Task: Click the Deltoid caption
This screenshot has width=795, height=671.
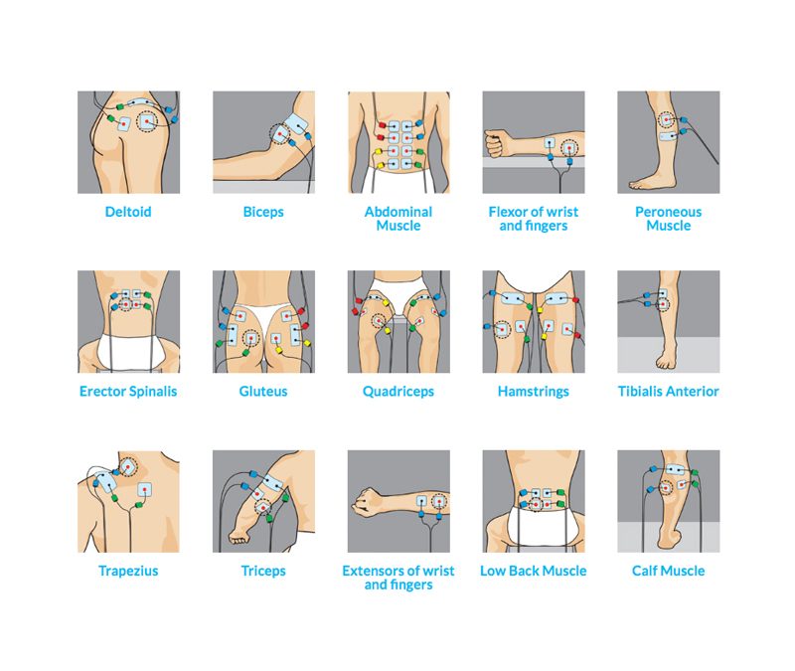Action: [128, 212]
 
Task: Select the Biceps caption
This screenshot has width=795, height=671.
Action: [263, 212]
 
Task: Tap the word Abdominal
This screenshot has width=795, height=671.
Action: [398, 212]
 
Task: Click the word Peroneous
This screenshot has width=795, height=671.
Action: [668, 212]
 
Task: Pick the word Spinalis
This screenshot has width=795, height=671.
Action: [153, 392]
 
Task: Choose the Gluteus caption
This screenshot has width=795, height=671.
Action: [263, 391]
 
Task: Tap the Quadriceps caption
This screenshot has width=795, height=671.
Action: [398, 392]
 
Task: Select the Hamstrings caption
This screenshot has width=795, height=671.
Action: [534, 392]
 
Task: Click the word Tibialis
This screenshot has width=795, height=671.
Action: [640, 391]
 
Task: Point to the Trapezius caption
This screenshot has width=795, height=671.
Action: [128, 571]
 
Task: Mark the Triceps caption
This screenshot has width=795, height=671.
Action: [263, 571]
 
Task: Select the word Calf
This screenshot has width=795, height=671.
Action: [643, 571]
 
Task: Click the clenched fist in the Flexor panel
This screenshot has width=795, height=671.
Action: [495, 143]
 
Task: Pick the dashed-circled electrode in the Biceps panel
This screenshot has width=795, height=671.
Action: [279, 134]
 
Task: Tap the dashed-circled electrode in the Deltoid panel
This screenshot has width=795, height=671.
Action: [147, 121]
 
